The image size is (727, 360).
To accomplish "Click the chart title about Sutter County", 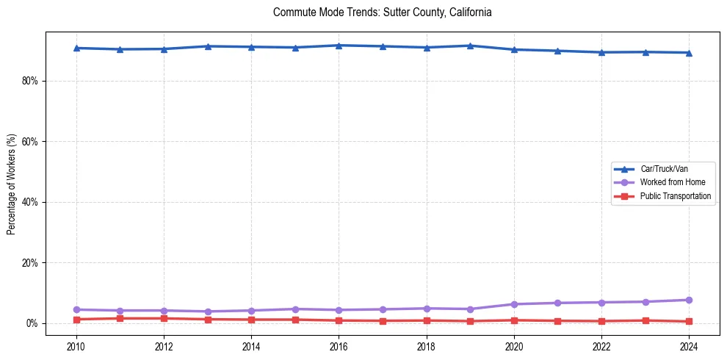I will (382, 12).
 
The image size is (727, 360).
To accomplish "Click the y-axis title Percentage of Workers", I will (12, 184).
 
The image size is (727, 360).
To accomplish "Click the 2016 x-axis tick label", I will (339, 345).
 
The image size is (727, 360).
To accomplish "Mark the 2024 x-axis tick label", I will (689, 345).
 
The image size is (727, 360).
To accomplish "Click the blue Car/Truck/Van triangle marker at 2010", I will (76, 48).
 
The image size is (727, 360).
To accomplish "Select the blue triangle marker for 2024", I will (689, 52).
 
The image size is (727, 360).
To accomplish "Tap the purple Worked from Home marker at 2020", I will (514, 304).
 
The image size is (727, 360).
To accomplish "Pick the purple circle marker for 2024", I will (689, 300).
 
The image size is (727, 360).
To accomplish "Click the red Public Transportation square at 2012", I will (164, 318).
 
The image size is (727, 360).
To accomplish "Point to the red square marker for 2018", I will (427, 320).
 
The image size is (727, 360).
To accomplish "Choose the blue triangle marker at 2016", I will (339, 46).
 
